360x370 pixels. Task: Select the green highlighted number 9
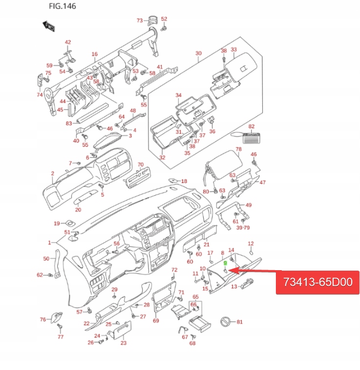[x=225, y=263]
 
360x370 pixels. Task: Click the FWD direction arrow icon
[x=48, y=26]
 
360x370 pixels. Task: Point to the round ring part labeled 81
[x=226, y=322]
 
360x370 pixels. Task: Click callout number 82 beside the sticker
[x=252, y=126]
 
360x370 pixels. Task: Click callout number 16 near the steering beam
[x=94, y=54]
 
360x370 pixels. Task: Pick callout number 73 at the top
[x=139, y=21]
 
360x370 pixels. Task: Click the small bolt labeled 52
[x=164, y=28]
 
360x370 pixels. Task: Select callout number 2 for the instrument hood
[x=52, y=174]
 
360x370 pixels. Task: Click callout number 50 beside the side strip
[x=46, y=258]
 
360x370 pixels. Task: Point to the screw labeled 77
[x=60, y=326]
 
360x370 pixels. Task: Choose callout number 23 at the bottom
[x=123, y=343]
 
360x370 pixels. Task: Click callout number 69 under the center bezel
[x=156, y=321]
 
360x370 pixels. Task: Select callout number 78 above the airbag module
[x=238, y=149]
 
